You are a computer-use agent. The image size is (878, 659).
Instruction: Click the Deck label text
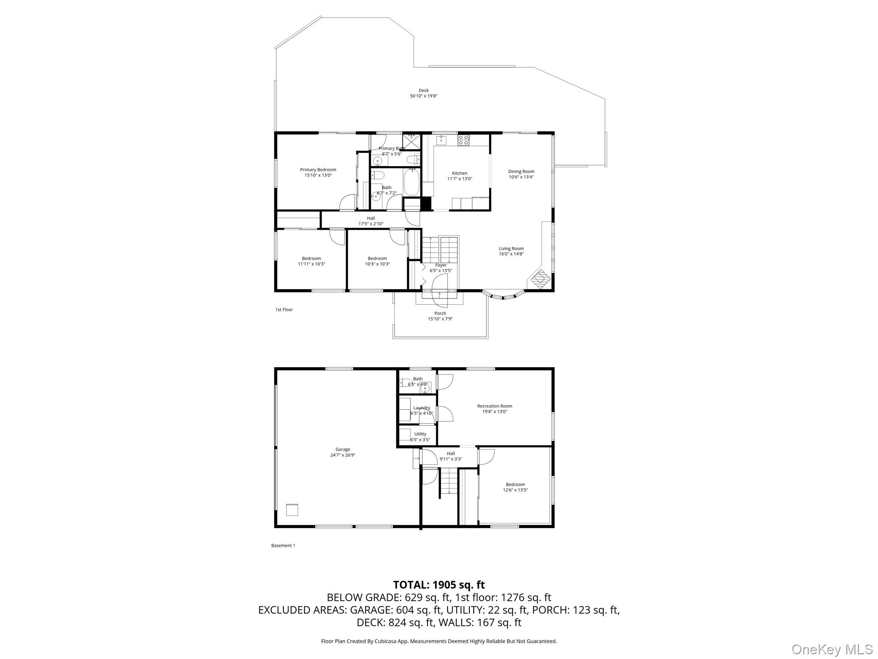coord(424,91)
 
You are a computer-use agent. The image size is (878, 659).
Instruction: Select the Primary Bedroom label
coord(318,170)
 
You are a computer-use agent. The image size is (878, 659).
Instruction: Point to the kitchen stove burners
coord(463,140)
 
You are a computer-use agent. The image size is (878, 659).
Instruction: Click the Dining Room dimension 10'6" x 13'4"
coord(521,177)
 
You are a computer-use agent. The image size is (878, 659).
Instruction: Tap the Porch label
coord(440,314)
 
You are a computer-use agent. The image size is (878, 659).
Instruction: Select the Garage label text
coord(343,450)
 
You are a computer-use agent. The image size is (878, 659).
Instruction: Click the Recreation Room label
coord(494,406)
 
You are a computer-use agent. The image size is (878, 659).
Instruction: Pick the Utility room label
coord(420,434)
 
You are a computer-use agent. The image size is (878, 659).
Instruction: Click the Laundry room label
coord(421,408)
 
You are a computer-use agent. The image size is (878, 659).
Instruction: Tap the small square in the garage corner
coord(292,509)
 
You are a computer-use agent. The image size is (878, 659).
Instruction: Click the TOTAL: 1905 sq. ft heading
coord(439,585)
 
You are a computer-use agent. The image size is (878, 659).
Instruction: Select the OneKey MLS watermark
coord(832,649)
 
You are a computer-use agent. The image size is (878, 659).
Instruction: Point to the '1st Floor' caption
coord(284,310)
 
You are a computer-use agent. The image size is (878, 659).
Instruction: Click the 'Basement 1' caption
coord(283,546)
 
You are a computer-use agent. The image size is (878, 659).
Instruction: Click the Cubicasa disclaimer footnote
coord(439,641)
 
